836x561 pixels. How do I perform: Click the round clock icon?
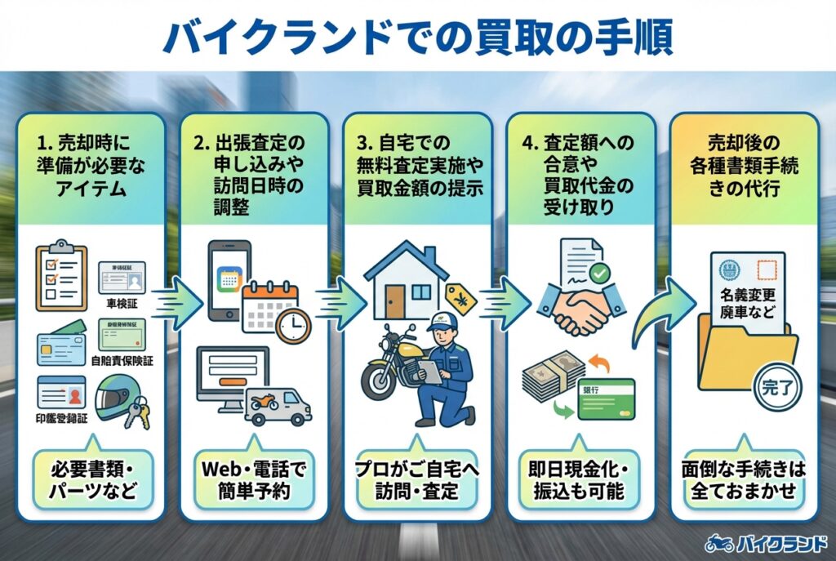(x=293, y=326)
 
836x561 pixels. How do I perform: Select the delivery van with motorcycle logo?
(x=277, y=403)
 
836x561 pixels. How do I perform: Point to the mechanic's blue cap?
(x=441, y=320)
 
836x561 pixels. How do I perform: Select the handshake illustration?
(x=579, y=309)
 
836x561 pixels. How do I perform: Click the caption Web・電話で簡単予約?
(x=252, y=481)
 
